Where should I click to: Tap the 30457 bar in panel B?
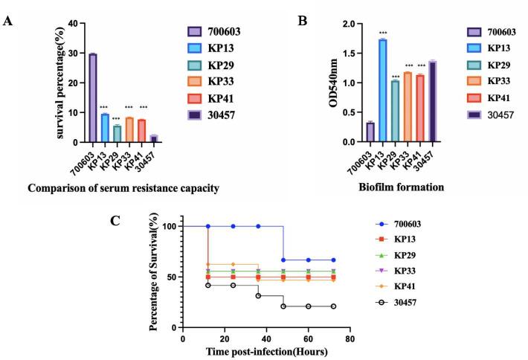(433, 101)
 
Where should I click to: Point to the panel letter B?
(303, 20)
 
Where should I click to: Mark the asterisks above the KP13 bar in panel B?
(382, 33)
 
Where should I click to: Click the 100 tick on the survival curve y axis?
(168, 226)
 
